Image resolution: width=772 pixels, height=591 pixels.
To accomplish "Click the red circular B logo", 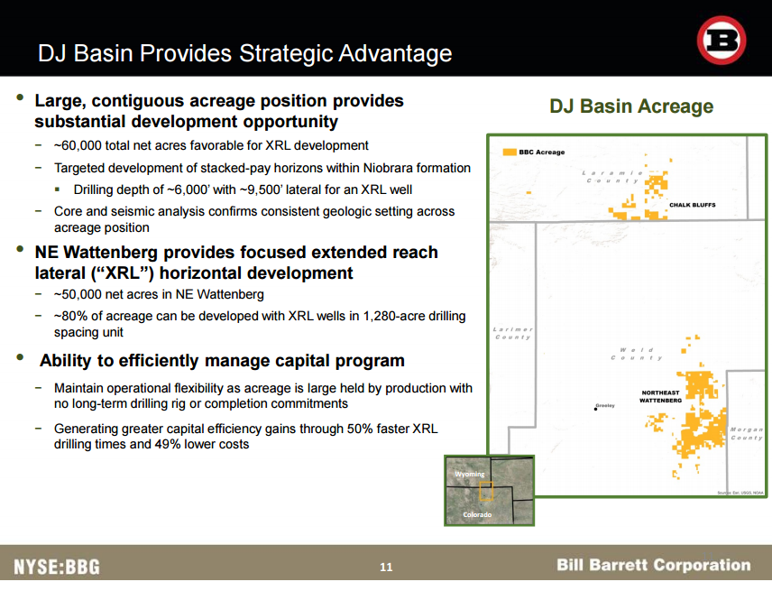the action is pos(721,41).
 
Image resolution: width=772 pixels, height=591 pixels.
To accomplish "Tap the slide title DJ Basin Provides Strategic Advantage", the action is pos(244,53).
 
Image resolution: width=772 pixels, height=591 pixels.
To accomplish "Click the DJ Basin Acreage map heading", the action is pos(631,106).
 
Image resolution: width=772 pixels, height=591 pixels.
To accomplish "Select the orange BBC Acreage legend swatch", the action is pos(510,152).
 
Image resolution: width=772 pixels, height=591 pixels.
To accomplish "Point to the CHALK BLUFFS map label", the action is pos(693,205).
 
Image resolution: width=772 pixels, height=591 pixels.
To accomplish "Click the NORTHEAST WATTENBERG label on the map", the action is pos(661,396).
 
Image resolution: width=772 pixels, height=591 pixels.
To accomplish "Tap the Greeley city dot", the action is pos(596,409).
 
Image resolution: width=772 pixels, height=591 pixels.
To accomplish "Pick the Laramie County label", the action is pos(613,177).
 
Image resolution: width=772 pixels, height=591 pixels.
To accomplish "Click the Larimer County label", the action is pos(513,333).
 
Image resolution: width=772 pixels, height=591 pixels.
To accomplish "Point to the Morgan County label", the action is pos(747,433).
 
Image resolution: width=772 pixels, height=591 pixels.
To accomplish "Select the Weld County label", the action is pos(637,354).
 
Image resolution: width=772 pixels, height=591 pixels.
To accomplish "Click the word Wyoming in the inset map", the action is pos(470,474).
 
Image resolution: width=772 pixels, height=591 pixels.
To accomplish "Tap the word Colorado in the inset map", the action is pos(477,514).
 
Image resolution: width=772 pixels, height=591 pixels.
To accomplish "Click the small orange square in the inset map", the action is pos(486,491).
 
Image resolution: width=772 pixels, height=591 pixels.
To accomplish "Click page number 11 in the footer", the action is pos(386,568).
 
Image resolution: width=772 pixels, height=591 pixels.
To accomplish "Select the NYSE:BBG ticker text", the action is pos(57,567).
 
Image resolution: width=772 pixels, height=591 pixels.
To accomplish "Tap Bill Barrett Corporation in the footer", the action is pos(654,565).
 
